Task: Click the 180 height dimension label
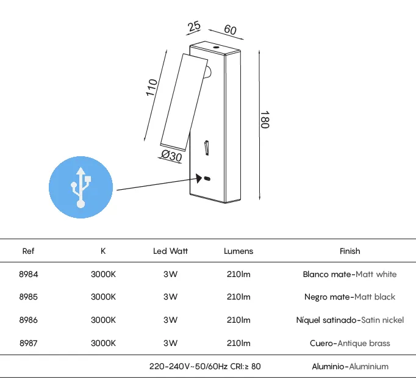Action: [x=265, y=120]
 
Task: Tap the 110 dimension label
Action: [x=151, y=88]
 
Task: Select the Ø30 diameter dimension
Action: [x=171, y=156]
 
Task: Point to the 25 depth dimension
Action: [x=194, y=26]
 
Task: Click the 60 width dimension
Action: [x=230, y=29]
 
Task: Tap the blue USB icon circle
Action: [x=81, y=187]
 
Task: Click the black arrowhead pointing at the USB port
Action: [x=199, y=178]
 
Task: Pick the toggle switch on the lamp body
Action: [x=207, y=148]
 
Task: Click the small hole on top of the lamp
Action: [x=216, y=48]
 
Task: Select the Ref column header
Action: [x=28, y=251]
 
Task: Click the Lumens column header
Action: [x=238, y=251]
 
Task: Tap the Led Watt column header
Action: [x=170, y=251]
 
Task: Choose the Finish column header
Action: [x=350, y=251]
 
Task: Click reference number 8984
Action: [x=29, y=274]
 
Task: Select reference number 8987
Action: [x=29, y=343]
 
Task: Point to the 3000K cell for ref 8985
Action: [x=103, y=297]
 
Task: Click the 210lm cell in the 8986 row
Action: [x=238, y=320]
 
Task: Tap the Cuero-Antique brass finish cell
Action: [x=350, y=344]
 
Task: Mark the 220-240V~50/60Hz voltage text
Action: [x=188, y=367]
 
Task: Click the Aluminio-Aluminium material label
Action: [x=350, y=367]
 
